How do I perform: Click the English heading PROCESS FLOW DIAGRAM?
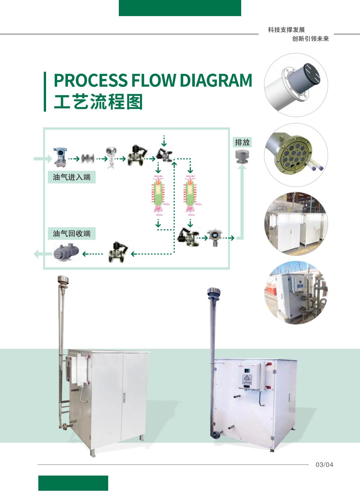[x=153, y=80]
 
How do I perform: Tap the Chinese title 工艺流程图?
[x=98, y=102]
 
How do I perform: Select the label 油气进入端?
[x=71, y=177]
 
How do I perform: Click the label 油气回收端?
[x=71, y=233]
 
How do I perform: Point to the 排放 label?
[x=242, y=142]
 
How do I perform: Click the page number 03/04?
[x=324, y=465]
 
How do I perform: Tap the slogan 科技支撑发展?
[x=286, y=30]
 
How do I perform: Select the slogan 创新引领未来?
[x=310, y=39]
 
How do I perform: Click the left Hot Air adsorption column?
[x=158, y=193]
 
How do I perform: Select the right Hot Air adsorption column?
[x=190, y=193]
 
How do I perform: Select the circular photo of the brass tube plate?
[x=296, y=155]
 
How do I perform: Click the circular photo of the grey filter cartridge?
[x=296, y=85]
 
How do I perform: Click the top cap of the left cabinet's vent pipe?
[x=63, y=279]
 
